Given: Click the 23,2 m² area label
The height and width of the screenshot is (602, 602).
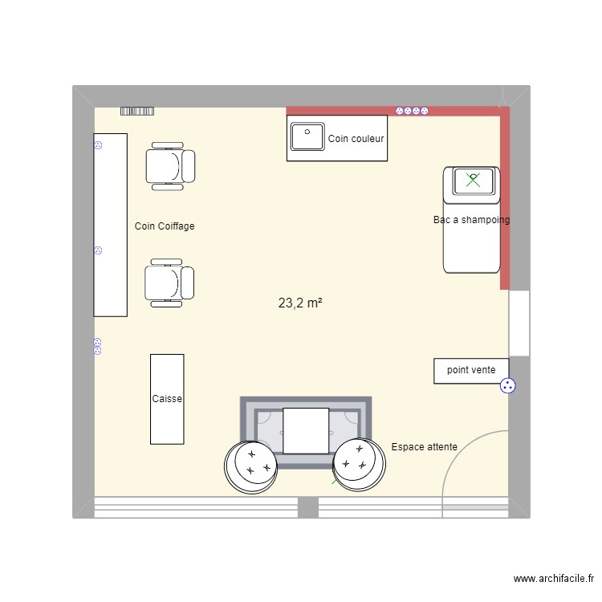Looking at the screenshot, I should (x=300, y=303).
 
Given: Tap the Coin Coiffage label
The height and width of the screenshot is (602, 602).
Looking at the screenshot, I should (x=165, y=226).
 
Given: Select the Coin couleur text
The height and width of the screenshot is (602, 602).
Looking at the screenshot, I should (x=356, y=139).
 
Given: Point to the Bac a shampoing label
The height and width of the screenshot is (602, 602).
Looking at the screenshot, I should (x=471, y=220).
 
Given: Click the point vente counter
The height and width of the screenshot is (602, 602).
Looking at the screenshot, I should (x=471, y=370).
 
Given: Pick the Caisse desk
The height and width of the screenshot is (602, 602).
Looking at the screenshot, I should (x=167, y=399).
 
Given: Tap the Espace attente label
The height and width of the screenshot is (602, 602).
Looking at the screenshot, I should (x=424, y=447).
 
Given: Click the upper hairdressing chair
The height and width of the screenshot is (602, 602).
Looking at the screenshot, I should (x=169, y=166).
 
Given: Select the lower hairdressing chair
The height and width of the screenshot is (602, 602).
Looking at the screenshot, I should (x=169, y=283).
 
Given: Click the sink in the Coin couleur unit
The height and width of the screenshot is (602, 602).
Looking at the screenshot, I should (x=307, y=136).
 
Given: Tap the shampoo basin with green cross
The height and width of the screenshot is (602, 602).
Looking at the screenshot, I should (x=474, y=181).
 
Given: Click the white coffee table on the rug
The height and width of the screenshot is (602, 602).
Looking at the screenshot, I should (x=306, y=430).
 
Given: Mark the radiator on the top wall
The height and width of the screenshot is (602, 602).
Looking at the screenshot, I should (x=137, y=111).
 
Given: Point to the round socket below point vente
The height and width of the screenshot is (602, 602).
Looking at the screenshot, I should (x=507, y=386).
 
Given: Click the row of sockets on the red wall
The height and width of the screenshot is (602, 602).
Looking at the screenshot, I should (x=412, y=111).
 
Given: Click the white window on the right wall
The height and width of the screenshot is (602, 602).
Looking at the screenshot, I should (x=519, y=323).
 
